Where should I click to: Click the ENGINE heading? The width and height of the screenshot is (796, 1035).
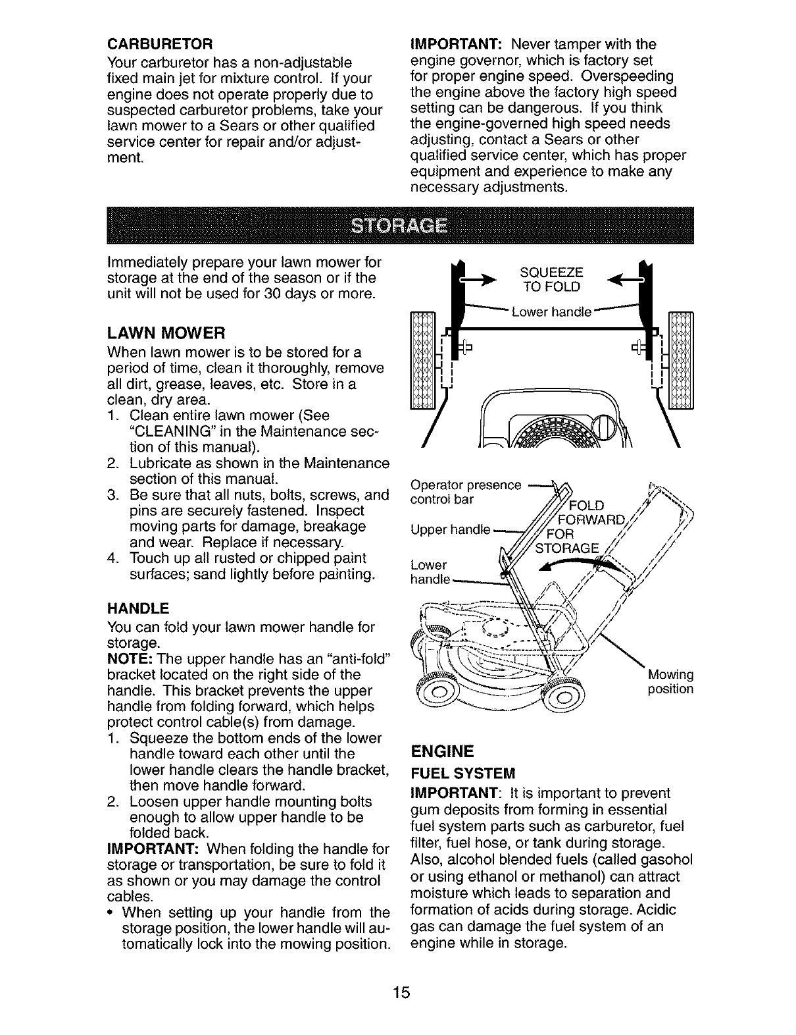pos(442,751)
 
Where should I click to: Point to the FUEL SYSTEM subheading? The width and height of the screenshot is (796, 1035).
pos(462,772)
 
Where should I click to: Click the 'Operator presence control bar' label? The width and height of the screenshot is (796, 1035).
pos(465,492)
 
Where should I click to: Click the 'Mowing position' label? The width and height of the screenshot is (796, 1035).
pos(670,682)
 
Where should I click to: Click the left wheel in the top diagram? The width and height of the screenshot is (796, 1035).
pos(422,359)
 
